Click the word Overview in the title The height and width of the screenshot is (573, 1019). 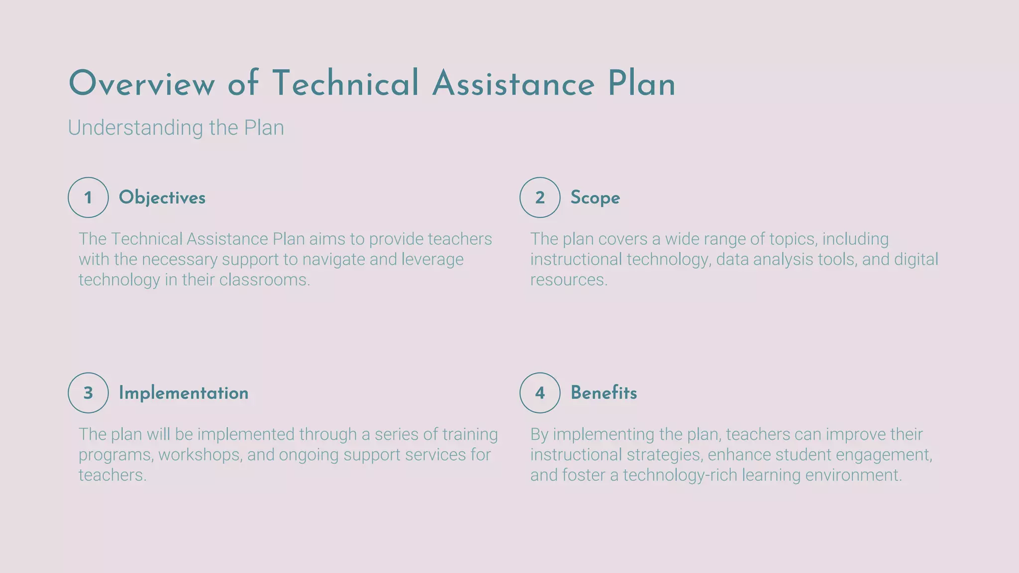click(x=141, y=84)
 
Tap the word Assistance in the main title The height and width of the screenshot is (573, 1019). click(x=513, y=84)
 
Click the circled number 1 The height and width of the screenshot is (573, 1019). click(x=88, y=197)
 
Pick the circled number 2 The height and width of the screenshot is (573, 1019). click(x=540, y=197)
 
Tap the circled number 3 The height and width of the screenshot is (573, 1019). click(x=88, y=393)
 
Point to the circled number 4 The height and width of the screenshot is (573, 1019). click(x=540, y=393)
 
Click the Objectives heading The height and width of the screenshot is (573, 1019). click(x=162, y=197)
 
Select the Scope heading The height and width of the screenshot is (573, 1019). click(x=595, y=197)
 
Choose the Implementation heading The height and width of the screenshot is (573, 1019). click(x=183, y=393)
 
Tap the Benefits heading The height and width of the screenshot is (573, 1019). click(x=604, y=393)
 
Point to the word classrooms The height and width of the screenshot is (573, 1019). click(x=264, y=280)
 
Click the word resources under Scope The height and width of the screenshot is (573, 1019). click(x=568, y=280)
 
